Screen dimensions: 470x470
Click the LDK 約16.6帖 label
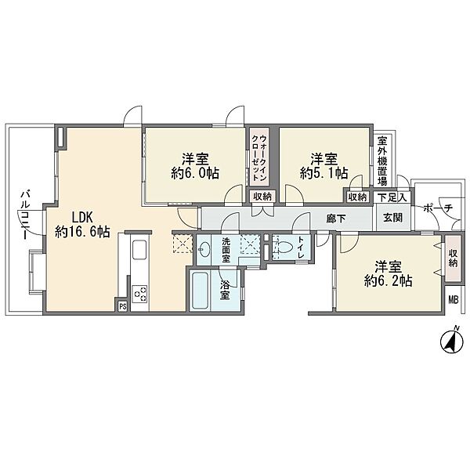click(82, 224)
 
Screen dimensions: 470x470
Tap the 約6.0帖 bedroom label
click(195, 166)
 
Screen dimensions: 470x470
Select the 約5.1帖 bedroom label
click(324, 166)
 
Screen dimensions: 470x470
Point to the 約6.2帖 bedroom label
click(389, 273)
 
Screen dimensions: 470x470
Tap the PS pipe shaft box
click(123, 306)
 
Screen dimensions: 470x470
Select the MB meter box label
click(454, 300)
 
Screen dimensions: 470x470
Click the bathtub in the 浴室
click(201, 290)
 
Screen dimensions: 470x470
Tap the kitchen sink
click(139, 250)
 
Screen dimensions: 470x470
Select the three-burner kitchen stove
click(139, 294)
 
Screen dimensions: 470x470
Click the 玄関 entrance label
click(393, 217)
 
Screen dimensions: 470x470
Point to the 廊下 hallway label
click(336, 219)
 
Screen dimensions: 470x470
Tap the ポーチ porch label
click(438, 208)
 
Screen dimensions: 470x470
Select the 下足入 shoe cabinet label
click(392, 198)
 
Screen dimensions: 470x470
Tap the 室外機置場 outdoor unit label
click(382, 161)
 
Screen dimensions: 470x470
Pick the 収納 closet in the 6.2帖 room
click(453, 258)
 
